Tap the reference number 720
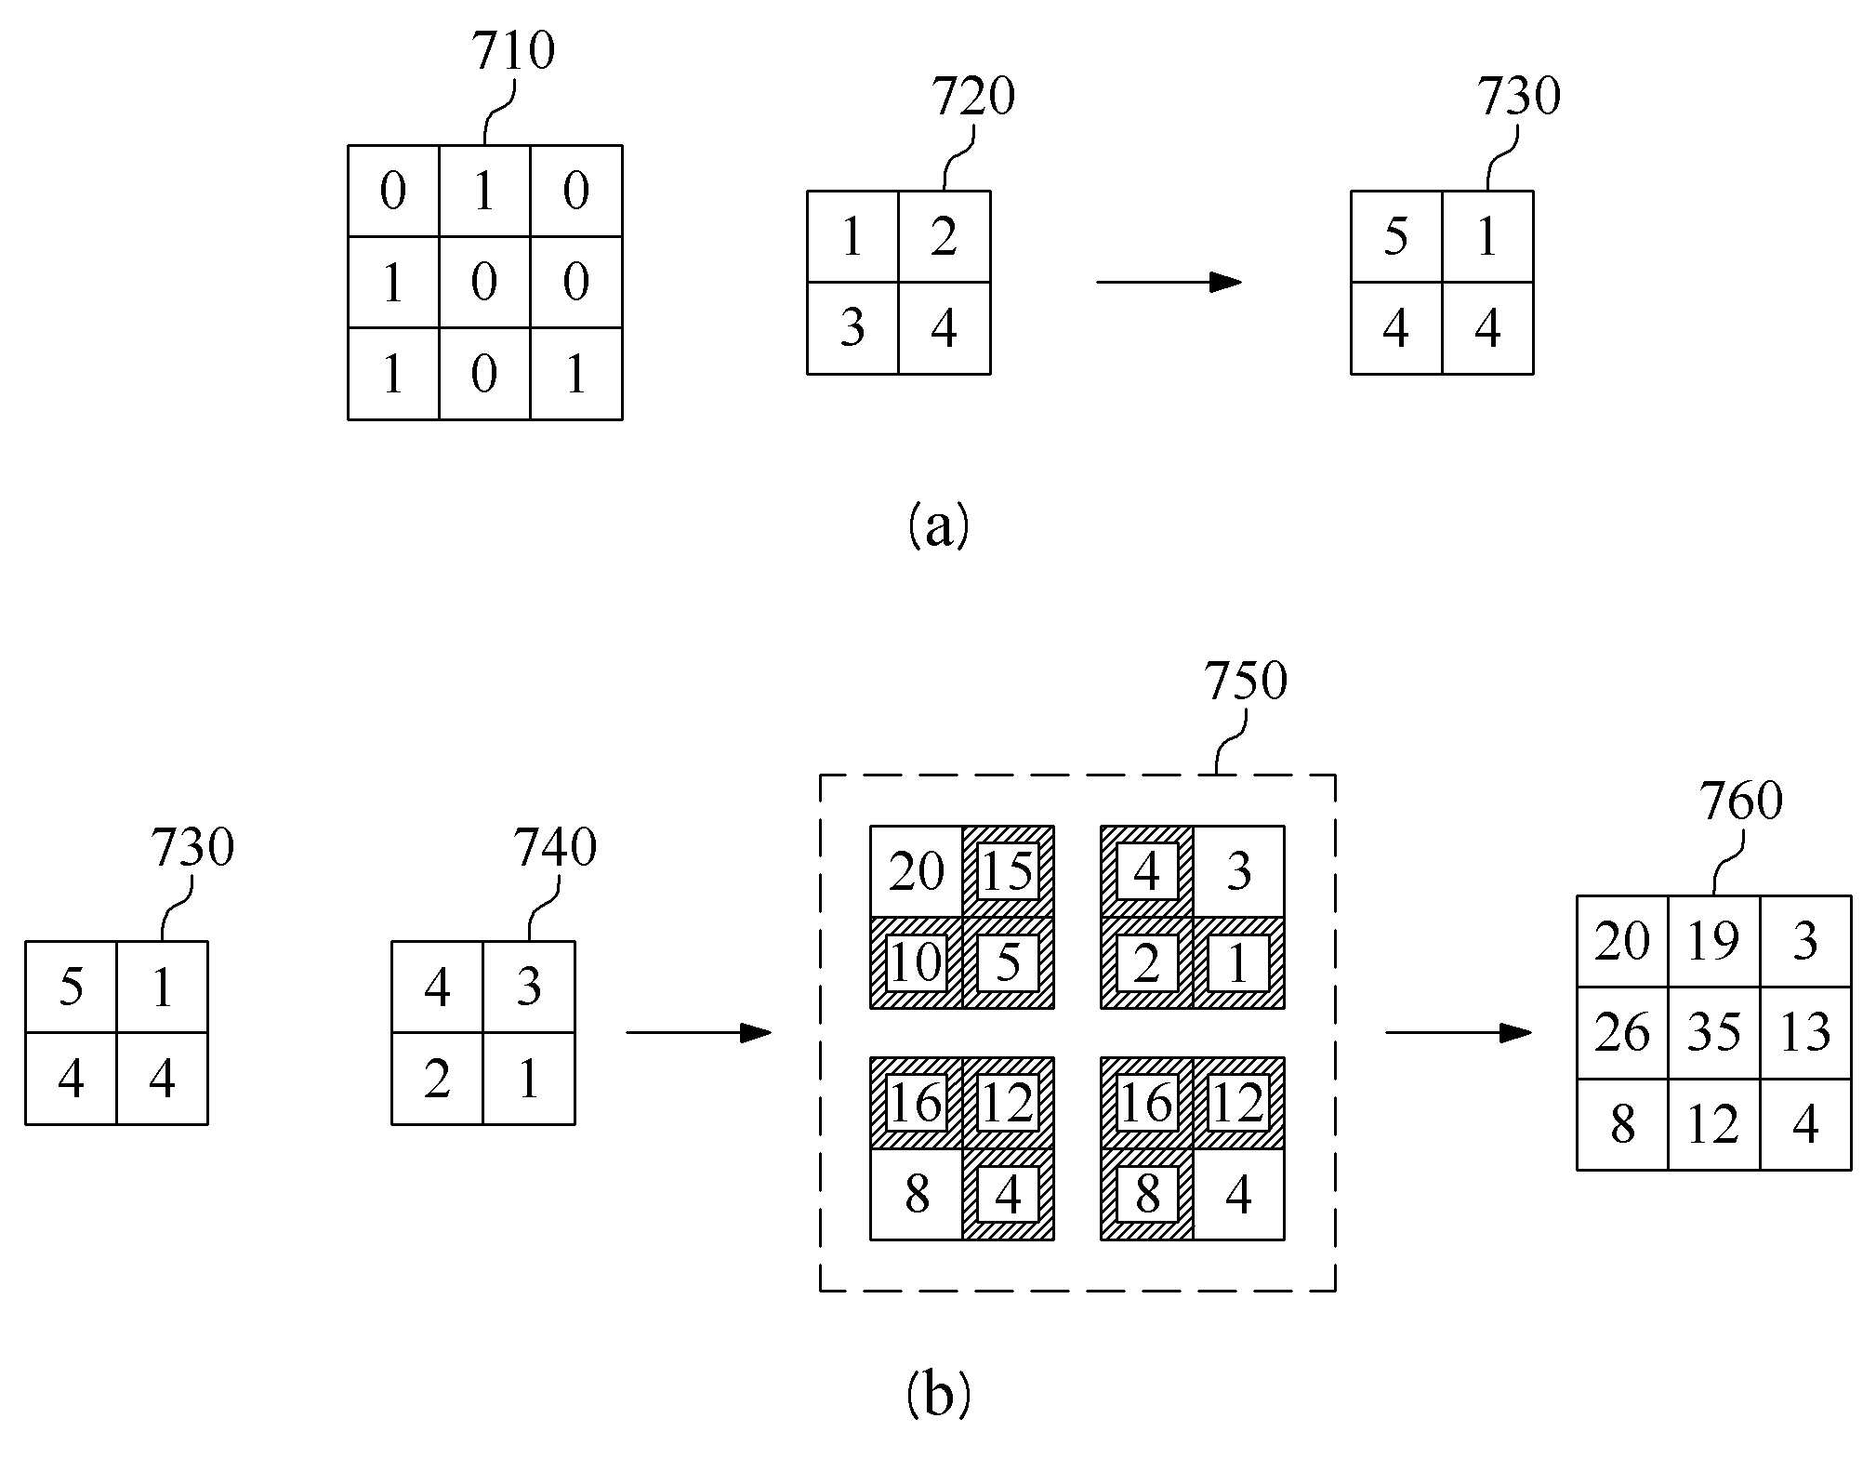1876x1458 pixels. pos(973,96)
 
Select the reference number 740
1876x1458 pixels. pos(555,847)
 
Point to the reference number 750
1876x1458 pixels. pos(1246,681)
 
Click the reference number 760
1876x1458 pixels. pos(1741,801)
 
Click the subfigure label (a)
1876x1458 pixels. pos(938,525)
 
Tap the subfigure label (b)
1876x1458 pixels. pos(938,1394)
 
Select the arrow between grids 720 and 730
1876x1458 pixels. pos(1169,282)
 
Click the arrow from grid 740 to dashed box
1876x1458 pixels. pos(699,1032)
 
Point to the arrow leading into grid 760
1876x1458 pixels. pos(1459,1032)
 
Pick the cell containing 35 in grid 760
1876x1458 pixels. pos(1714,1032)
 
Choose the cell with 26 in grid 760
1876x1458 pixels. pos(1623,1032)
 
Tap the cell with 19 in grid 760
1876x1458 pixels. pos(1714,941)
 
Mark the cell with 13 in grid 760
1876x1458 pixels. pos(1805,1032)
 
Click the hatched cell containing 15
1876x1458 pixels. pos(1009,871)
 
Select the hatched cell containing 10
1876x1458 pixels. pos(917,962)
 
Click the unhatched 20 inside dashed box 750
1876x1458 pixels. pos(917,871)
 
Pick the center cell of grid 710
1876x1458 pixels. pos(484,282)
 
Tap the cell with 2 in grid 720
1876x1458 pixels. pos(945,237)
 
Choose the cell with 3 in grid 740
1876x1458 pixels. pos(529,987)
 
